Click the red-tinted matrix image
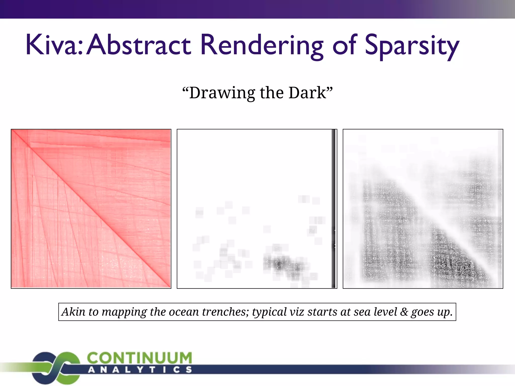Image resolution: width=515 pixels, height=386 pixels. click(x=91, y=209)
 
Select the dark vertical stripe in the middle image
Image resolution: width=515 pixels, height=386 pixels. click(x=334, y=209)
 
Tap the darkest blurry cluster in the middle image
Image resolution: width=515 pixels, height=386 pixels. click(x=279, y=264)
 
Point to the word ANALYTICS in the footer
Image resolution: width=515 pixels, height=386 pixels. click(x=140, y=370)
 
